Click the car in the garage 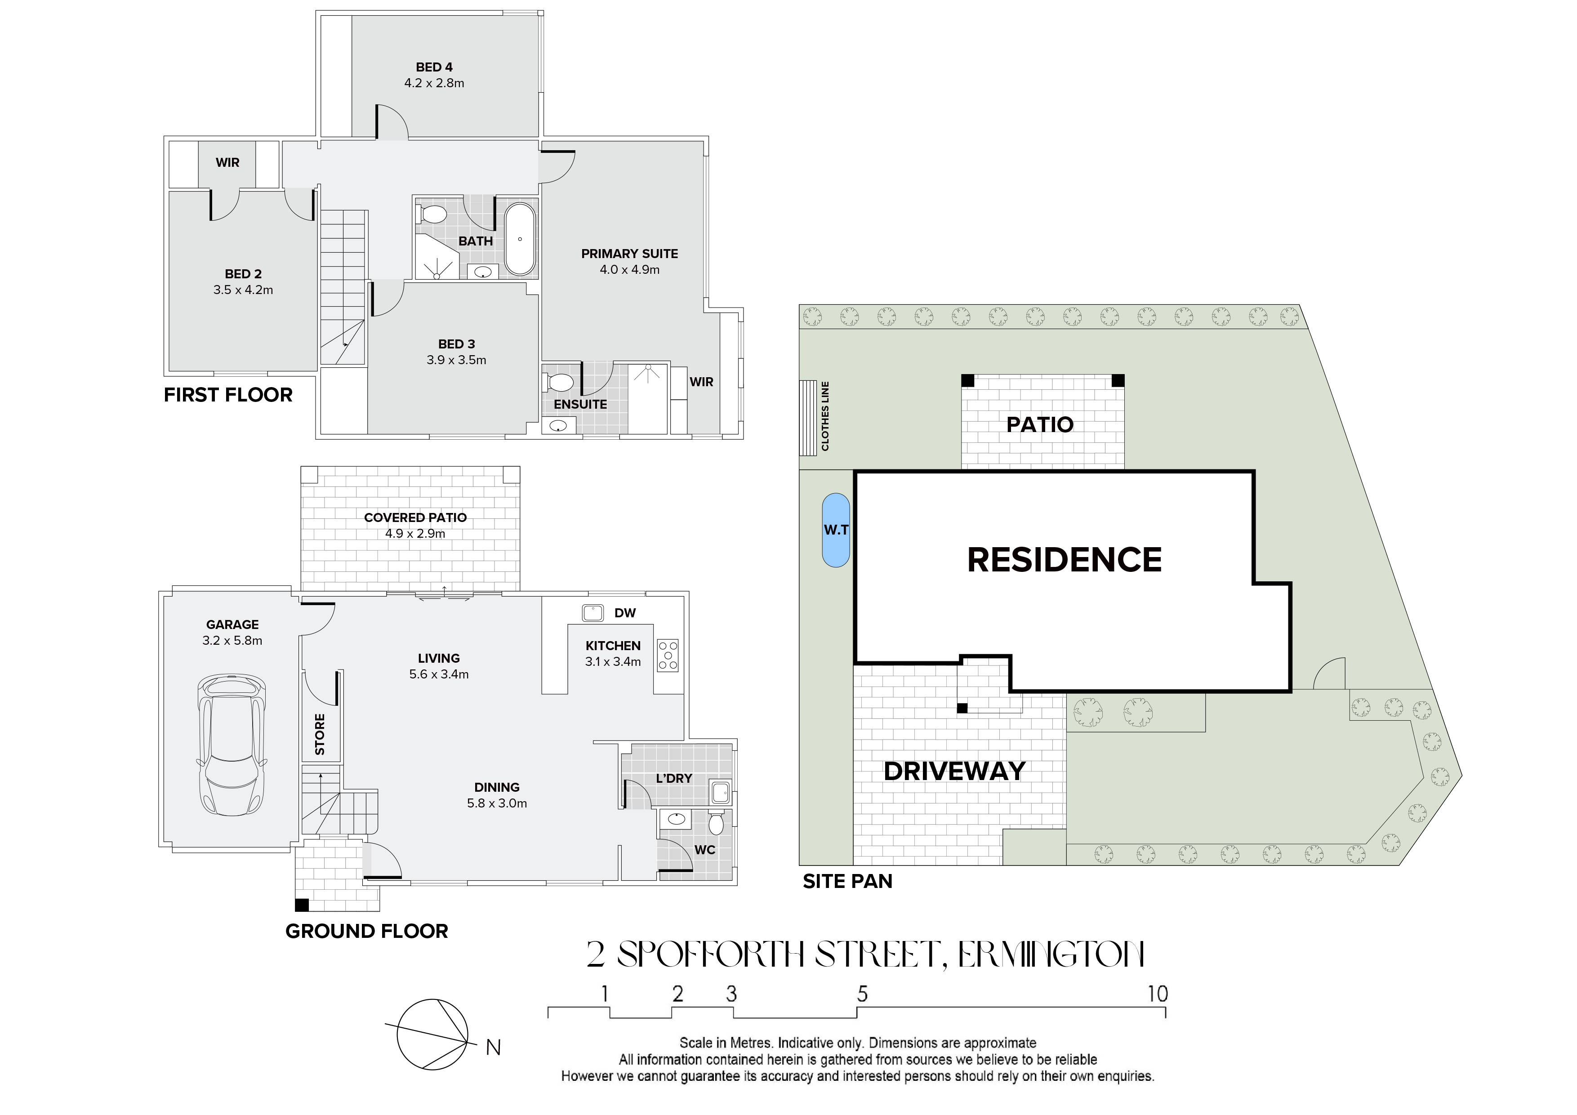pyautogui.click(x=231, y=745)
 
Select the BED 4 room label pyautogui.click(x=434, y=67)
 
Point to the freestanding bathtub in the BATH pyautogui.click(x=520, y=239)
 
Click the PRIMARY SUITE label pyautogui.click(x=629, y=254)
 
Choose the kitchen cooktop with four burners pyautogui.click(x=668, y=656)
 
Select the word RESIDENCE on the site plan pyautogui.click(x=1065, y=560)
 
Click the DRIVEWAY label pyautogui.click(x=954, y=772)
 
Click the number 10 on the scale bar pyautogui.click(x=1158, y=994)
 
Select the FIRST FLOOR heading pyautogui.click(x=228, y=395)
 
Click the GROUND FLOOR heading pyautogui.click(x=367, y=932)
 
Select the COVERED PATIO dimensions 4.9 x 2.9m pyautogui.click(x=415, y=534)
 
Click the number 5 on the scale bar pyautogui.click(x=862, y=994)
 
